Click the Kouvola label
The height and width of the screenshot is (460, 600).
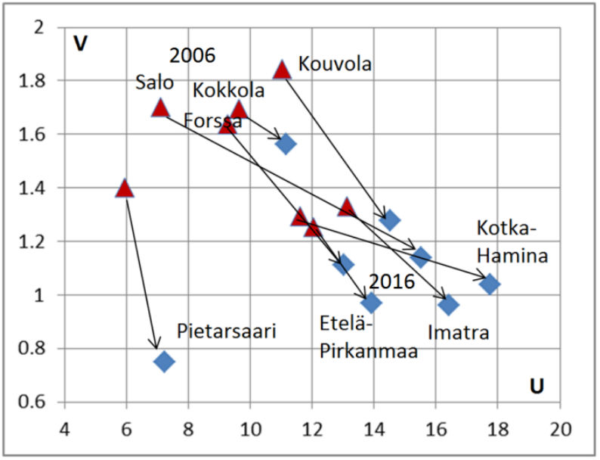335,64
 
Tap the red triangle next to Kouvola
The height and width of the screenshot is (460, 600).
282,70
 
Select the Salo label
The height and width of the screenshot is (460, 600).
154,82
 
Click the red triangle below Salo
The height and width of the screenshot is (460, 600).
160,107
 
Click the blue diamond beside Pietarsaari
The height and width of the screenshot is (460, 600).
164,361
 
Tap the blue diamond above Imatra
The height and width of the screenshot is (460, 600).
449,305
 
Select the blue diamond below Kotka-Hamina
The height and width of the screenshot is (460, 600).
490,284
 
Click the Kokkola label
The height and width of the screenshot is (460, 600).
229,90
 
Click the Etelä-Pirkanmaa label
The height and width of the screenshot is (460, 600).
368,340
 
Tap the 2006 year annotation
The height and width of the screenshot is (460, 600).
192,55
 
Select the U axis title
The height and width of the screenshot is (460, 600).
537,386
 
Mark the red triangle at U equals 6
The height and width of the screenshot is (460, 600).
125,188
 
